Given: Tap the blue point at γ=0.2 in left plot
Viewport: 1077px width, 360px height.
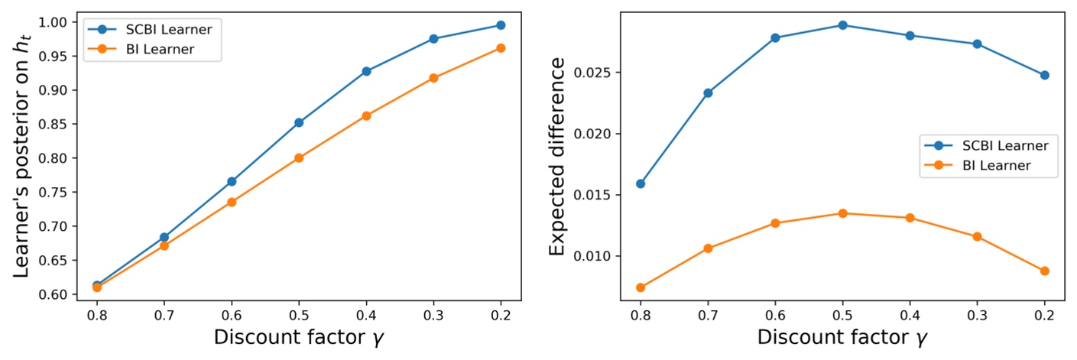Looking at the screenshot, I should [x=501, y=25].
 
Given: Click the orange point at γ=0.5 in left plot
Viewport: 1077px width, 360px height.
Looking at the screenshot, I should [x=299, y=158].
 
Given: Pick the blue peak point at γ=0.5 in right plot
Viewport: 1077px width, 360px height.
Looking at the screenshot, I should [x=842, y=25].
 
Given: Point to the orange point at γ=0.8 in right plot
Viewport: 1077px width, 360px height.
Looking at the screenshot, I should [x=641, y=287].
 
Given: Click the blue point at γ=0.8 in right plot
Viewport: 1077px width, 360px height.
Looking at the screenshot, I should [x=641, y=183].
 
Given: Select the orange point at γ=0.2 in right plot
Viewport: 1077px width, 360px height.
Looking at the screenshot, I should [x=1044, y=271].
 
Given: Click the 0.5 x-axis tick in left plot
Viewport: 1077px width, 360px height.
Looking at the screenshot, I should [x=299, y=314].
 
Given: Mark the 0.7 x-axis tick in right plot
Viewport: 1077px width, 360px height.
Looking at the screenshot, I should [x=708, y=314].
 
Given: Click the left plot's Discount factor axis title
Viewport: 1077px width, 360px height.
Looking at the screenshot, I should [x=299, y=337].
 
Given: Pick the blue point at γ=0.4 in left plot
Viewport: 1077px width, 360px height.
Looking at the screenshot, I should [x=366, y=71].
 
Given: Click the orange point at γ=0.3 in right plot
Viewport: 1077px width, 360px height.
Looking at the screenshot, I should [x=977, y=237].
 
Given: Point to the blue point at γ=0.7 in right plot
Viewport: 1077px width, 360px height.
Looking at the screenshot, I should [x=708, y=93].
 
